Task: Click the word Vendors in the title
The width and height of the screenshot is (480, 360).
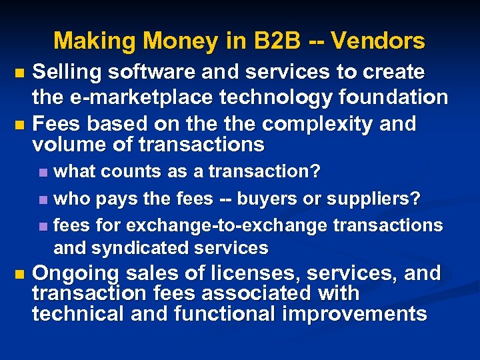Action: tap(377, 41)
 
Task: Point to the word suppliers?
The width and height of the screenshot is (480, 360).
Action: tap(381, 198)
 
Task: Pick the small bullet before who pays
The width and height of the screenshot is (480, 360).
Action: tap(43, 199)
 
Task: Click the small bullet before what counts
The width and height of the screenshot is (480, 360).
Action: tap(43, 172)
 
